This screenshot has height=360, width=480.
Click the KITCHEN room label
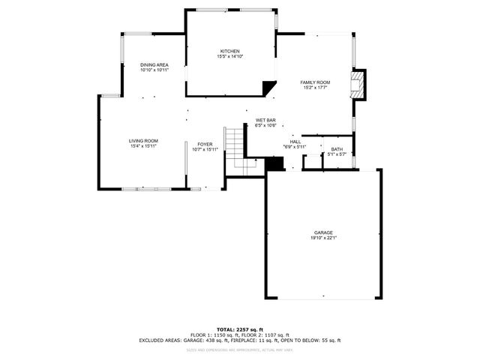[229, 50]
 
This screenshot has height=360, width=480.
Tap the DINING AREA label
[154, 65]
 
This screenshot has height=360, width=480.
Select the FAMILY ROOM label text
[315, 82]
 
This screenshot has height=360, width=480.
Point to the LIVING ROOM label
[142, 141]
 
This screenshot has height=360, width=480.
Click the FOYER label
[205, 144]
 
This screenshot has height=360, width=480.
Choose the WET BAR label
[266, 120]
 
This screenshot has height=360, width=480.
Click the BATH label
[337, 149]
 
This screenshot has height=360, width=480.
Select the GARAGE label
[323, 232]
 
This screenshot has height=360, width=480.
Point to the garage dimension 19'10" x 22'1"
[323, 238]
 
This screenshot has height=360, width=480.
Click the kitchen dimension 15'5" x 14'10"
[229, 56]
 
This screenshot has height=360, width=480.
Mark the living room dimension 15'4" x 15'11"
[142, 147]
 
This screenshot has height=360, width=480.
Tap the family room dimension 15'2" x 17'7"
[315, 88]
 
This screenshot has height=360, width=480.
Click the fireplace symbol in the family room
[360, 85]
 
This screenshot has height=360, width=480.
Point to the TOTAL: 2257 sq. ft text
[239, 329]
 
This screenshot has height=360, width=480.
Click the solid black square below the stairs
[275, 166]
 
